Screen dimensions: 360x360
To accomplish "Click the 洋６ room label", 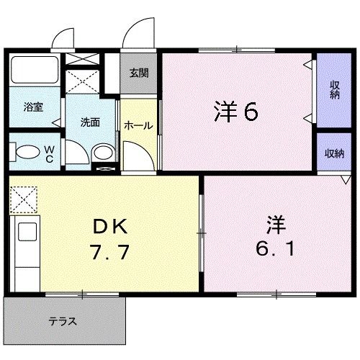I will point(235,112).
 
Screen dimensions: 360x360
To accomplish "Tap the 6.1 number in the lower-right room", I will point(274,248).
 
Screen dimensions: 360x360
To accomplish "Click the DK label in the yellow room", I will point(110,227).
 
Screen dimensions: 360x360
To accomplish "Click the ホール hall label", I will point(138,125).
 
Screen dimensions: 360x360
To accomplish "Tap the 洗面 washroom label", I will point(89,122).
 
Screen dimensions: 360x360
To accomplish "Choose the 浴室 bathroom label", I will point(33,107).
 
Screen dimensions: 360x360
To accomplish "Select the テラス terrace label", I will point(63,321).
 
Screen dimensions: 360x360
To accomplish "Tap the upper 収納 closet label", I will point(335,91).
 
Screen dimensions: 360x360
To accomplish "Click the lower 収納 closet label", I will point(333,153).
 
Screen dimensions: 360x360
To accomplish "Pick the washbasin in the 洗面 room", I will point(103,152).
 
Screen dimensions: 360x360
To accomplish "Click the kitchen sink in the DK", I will point(27,235).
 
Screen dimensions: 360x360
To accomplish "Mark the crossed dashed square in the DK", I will point(22,198).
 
